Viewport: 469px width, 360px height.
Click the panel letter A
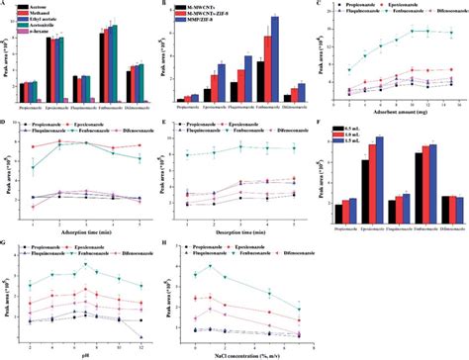click(5, 5)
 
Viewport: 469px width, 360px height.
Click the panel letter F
click(324, 125)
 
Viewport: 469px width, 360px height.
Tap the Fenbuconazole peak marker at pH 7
click(85, 265)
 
